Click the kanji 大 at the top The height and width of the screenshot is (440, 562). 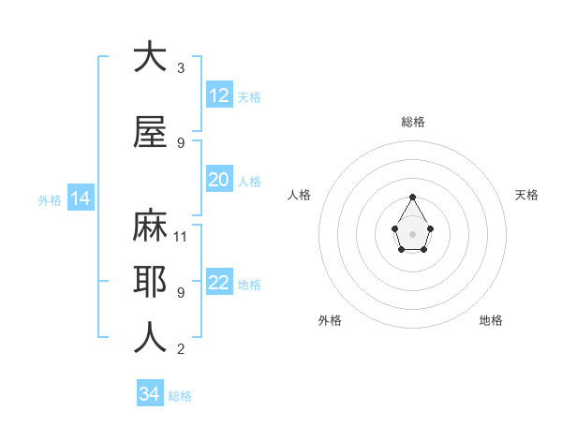(x=150, y=57)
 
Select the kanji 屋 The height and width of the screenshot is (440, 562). (x=150, y=133)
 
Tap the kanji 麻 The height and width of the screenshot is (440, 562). (x=150, y=226)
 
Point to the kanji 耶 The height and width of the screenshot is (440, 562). (x=150, y=281)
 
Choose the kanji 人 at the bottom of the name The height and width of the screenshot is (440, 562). (x=150, y=338)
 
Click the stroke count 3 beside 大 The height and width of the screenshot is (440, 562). (x=181, y=68)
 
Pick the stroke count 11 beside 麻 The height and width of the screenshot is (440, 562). (x=181, y=236)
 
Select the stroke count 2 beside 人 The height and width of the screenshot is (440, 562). (x=181, y=349)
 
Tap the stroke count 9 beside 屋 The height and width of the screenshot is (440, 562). (x=181, y=143)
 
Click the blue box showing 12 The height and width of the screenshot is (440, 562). (x=219, y=95)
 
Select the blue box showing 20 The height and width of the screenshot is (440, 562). (x=219, y=180)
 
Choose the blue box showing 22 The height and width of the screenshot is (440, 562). (x=219, y=283)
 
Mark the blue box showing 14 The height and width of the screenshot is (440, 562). (x=80, y=198)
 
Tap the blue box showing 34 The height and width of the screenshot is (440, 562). (x=150, y=394)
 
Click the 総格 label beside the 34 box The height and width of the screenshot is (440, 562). (x=180, y=396)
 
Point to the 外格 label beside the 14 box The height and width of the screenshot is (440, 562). (x=50, y=200)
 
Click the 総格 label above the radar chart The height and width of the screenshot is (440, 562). (x=413, y=122)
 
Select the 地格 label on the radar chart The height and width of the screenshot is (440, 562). (x=491, y=320)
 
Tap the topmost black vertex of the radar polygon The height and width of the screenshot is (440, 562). (x=413, y=197)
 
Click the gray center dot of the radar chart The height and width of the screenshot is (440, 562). (x=413, y=233)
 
